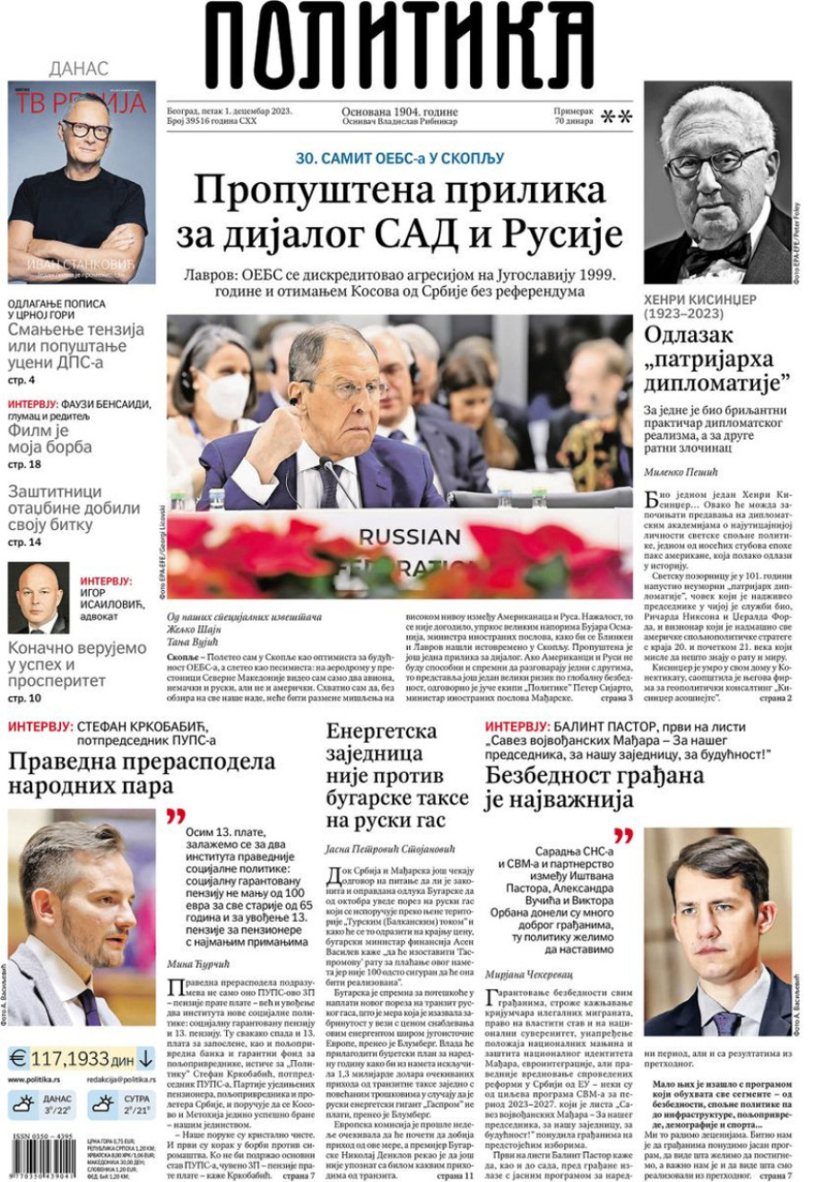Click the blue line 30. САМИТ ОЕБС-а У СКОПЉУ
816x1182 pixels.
(400, 158)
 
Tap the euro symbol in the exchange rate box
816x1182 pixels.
(18, 1058)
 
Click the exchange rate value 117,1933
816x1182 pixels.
(70, 1058)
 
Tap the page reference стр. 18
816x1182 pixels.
(24, 465)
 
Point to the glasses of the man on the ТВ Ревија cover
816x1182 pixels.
(87, 130)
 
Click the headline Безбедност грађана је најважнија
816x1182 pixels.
(594, 787)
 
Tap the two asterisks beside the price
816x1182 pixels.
(616, 117)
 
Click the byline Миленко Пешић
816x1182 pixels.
(676, 472)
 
